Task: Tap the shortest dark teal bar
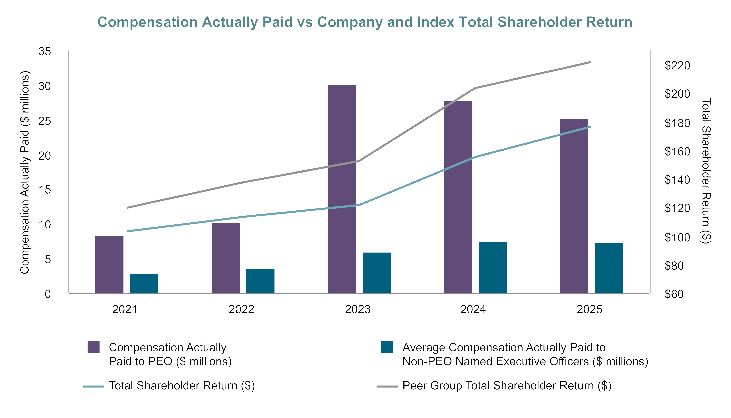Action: click(144, 283)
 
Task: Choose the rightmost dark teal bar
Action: click(608, 268)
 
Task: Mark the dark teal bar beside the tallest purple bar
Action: click(376, 272)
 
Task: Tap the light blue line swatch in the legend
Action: click(94, 386)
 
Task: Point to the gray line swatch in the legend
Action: click(387, 386)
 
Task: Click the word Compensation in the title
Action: click(147, 22)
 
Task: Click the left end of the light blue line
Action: click(127, 231)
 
